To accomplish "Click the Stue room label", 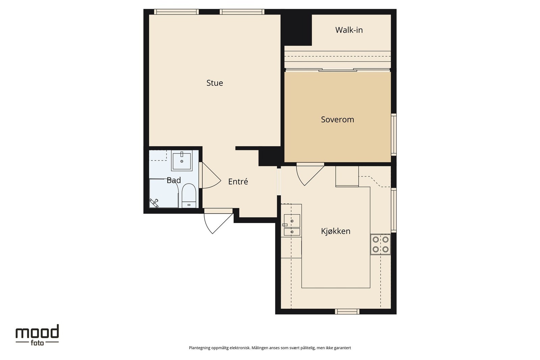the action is coord(215,83).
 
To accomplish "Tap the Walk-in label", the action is coord(349,30).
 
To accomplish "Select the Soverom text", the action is coord(337,119).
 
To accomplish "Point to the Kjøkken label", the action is coord(335,231).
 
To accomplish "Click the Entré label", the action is coord(238,182).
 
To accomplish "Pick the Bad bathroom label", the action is coord(173,180).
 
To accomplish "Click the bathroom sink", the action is coord(182,161).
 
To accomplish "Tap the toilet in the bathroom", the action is coord(189,196).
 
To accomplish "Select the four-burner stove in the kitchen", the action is coord(380,244).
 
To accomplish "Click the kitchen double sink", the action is coord(292,225).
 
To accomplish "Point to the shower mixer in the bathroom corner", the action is coord(154,203).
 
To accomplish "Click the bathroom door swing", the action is coord(210,175).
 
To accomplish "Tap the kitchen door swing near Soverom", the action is coord(310,174).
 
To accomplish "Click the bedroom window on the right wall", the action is coord(394,135).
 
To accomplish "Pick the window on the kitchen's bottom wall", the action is coord(347,311).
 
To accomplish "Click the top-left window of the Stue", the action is coord(177,12).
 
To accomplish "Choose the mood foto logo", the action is coord(37,335).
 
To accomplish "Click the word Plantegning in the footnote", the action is coord(199,348).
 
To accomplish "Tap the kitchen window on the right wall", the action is coord(394,210).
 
